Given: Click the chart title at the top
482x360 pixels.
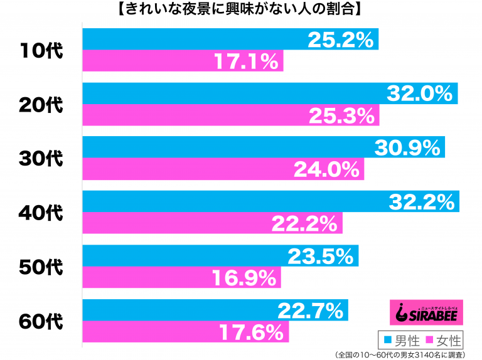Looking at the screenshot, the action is pyautogui.click(x=240, y=9).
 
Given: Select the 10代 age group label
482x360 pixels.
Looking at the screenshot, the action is pyautogui.click(x=41, y=51).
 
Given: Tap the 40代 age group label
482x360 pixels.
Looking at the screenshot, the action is pyautogui.click(x=41, y=213).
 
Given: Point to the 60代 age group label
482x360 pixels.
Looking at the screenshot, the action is pyautogui.click(x=41, y=321).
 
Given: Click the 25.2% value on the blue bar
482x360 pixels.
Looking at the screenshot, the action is pyautogui.click(x=341, y=40).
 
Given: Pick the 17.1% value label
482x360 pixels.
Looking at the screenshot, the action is pyautogui.click(x=246, y=61).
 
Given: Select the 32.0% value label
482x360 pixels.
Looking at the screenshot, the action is pyautogui.click(x=420, y=93).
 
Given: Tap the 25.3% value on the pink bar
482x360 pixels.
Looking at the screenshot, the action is pyautogui.click(x=341, y=116).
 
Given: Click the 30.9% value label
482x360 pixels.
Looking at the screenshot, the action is pyautogui.click(x=407, y=148).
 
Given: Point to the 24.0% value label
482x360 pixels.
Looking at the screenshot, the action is pyautogui.click(x=326, y=169).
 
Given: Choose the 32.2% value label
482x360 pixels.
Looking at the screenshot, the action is pyautogui.click(x=422, y=202).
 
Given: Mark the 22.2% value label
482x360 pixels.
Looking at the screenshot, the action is pyautogui.click(x=304, y=224).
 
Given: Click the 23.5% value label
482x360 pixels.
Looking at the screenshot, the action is pyautogui.click(x=321, y=256).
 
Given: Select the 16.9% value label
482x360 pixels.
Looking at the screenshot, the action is pyautogui.click(x=244, y=278).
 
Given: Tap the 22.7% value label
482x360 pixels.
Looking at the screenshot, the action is pyautogui.click(x=311, y=310).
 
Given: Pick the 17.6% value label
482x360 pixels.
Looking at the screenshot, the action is pyautogui.click(x=251, y=332).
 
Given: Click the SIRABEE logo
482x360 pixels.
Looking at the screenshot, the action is pyautogui.click(x=426, y=312).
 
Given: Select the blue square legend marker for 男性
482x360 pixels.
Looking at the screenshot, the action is pyautogui.click(x=388, y=340).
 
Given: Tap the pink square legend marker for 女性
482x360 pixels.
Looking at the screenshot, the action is pyautogui.click(x=429, y=340).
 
